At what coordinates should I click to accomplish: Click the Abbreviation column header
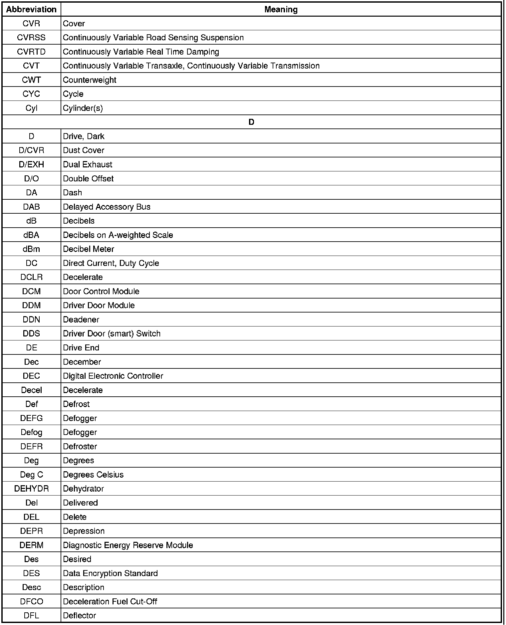[x=31, y=10]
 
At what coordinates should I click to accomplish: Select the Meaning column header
[x=281, y=10]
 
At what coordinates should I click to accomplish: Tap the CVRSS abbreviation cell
[x=31, y=38]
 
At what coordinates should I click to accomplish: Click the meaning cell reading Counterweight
[x=90, y=80]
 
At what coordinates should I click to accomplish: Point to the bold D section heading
[x=251, y=122]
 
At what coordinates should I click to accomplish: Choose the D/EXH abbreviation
[x=31, y=164]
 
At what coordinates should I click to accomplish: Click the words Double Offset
[x=88, y=179]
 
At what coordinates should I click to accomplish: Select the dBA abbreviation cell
[x=31, y=235]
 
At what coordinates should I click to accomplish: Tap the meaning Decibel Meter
[x=89, y=249]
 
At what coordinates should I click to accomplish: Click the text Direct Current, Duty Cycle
[x=111, y=263]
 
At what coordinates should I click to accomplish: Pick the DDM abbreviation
[x=31, y=306]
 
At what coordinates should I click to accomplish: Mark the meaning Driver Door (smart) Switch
[x=112, y=334]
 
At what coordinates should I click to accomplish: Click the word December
[x=82, y=362]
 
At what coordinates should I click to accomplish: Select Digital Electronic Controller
[x=113, y=376]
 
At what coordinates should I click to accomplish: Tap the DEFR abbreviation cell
[x=31, y=447]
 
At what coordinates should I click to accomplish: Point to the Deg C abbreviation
[x=31, y=475]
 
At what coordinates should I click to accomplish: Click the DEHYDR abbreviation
[x=31, y=489]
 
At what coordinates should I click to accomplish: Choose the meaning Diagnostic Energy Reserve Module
[x=128, y=545]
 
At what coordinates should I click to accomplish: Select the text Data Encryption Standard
[x=110, y=573]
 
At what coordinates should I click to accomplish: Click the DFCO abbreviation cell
[x=31, y=602]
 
